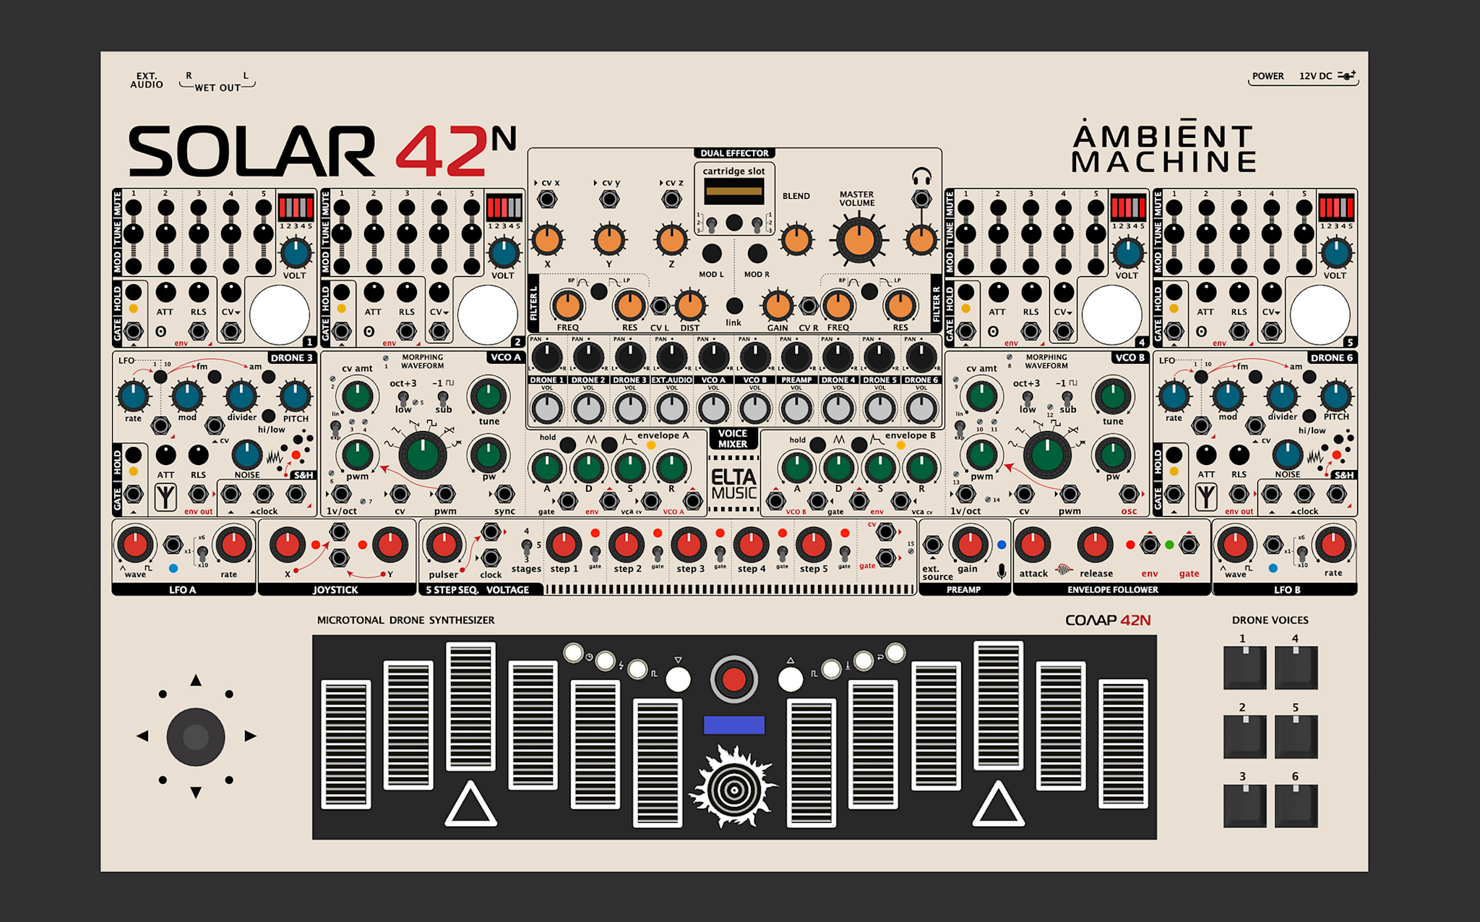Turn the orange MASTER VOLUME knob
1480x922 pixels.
[859, 240]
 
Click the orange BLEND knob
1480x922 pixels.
[796, 240]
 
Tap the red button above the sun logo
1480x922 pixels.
[733, 680]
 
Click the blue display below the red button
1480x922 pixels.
[733, 725]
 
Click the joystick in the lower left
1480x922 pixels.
[196, 737]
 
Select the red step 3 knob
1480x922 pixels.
[689, 545]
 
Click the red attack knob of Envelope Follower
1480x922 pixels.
[1033, 545]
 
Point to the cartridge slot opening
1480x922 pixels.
[733, 192]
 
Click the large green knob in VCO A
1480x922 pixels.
[423, 455]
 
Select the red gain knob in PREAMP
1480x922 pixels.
[969, 545]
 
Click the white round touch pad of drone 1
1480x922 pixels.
[280, 315]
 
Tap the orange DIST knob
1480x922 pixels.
[690, 306]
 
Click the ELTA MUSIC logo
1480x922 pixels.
[733, 485]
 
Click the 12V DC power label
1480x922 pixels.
[1315, 76]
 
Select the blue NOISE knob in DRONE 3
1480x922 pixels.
[247, 455]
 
